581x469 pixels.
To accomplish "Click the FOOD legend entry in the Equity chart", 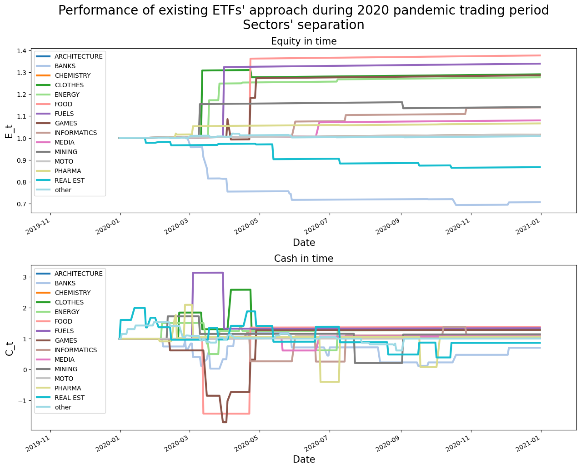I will tap(63, 104).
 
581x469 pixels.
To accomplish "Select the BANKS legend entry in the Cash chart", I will tap(65, 283).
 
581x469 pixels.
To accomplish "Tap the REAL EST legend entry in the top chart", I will tap(69, 180).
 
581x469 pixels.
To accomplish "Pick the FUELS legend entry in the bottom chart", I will tap(64, 331).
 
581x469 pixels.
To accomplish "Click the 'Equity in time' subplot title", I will tap(304, 41).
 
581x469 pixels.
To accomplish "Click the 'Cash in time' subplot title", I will tap(304, 259).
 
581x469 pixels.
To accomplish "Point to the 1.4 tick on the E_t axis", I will tap(23, 51).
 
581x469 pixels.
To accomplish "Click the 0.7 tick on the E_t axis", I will tap(23, 204).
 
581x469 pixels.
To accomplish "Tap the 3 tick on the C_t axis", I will tap(25, 277).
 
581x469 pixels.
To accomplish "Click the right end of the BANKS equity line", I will tap(540, 202).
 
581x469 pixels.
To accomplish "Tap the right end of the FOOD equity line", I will tap(540, 55).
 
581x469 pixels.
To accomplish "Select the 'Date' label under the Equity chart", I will tap(304, 243).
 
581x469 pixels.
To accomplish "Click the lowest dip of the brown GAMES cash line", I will tap(224, 422).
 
